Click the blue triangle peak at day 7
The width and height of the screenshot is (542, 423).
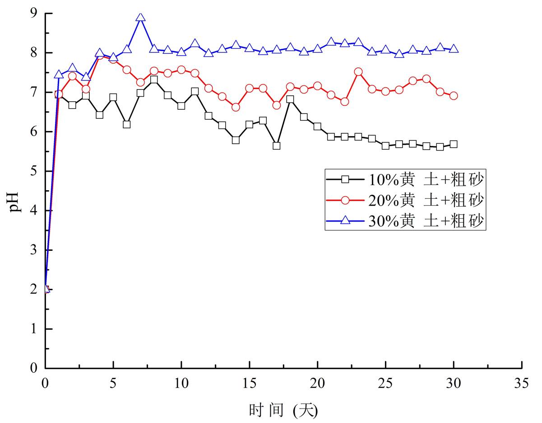140,18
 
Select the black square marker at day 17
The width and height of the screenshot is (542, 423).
277,146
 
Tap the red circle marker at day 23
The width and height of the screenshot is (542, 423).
358,72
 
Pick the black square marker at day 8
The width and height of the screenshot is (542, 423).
154,80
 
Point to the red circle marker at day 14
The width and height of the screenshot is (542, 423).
236,107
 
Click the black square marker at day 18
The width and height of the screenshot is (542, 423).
290,99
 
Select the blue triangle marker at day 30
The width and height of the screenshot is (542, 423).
454,49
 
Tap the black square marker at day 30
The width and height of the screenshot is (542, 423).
454,144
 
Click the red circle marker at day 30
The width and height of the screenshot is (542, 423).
454,96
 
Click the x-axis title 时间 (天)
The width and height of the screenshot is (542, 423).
283,410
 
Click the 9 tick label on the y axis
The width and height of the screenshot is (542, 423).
34,13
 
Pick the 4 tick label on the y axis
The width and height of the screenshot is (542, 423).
34,211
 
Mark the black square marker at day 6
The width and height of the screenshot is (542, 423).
127,124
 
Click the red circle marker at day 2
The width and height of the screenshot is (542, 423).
72,76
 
